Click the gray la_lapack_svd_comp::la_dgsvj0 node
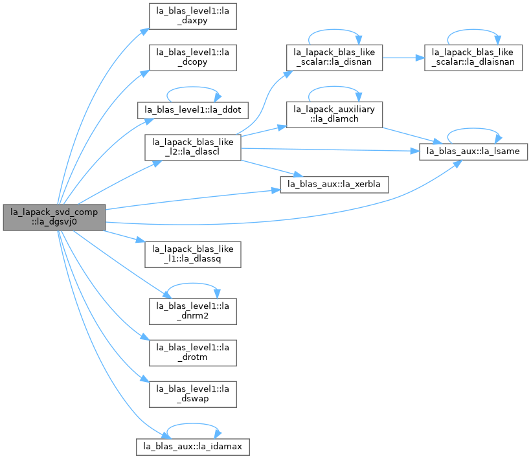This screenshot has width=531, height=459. pos(54,218)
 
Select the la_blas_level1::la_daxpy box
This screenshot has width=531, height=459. pos(193,16)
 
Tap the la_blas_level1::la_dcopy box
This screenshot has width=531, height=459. pos(193,58)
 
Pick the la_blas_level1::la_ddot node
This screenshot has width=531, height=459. pos(193,110)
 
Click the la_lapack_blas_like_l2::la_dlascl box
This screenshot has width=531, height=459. pos(193,148)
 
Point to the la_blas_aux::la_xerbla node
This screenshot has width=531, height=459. pos(334,185)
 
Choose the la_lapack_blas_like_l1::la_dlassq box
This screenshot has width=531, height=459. pos(193,254)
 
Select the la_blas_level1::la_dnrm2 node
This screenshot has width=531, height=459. pos(193,311)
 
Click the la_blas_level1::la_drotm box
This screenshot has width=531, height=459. pos(193,353)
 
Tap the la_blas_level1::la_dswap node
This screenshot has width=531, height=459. pos(193,394)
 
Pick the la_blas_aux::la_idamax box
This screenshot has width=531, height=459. pos(193,447)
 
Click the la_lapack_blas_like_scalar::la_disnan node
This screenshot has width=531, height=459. pos(334,58)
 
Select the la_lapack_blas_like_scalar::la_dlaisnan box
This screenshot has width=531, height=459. pos(473,58)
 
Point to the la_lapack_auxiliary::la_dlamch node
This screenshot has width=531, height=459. pos(334,115)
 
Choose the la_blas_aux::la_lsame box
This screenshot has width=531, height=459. pos(473,151)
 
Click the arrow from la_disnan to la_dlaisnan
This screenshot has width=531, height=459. pos(403,58)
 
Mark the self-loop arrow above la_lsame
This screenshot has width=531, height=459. pos(473,129)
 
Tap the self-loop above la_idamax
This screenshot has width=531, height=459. pos(193,423)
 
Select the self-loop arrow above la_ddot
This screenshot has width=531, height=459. pos(193,87)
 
